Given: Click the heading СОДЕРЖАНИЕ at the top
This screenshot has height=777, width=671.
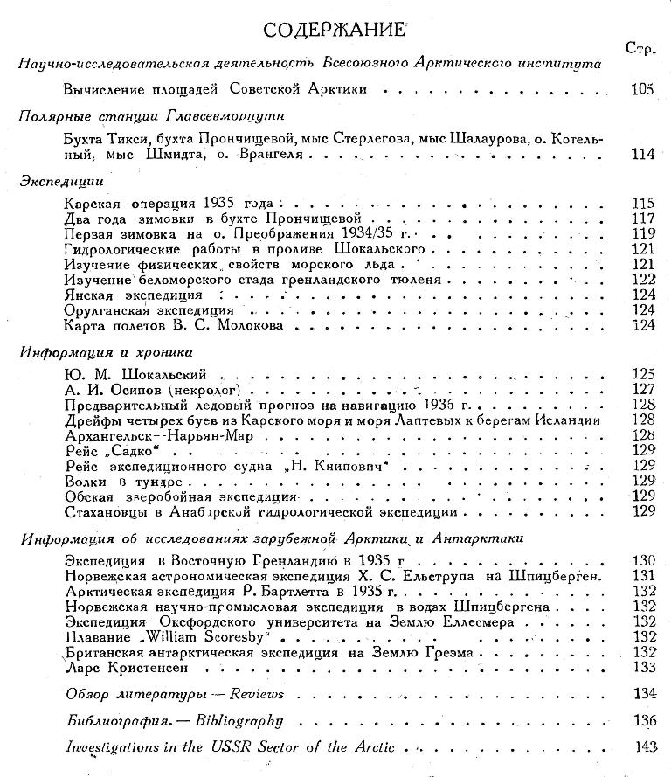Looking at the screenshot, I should point(335,31).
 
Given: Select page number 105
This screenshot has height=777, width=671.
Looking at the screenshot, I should point(641,88).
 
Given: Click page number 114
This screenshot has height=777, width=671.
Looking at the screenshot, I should point(642,156).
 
